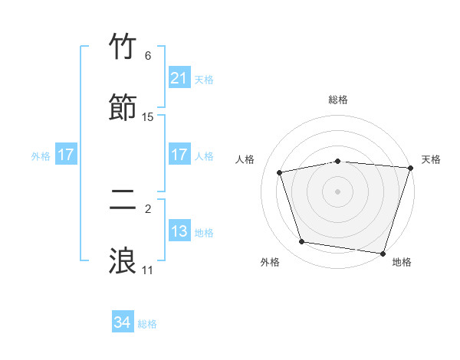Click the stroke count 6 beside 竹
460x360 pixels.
tap(148, 55)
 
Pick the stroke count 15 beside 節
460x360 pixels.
tap(148, 116)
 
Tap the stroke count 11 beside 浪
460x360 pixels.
tap(148, 270)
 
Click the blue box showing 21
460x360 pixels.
tap(179, 78)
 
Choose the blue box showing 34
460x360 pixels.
tap(123, 323)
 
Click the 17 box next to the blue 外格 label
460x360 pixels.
tap(66, 155)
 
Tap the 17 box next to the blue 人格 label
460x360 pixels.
tap(179, 155)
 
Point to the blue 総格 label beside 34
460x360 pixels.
tap(147, 324)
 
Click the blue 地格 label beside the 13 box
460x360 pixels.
tap(204, 232)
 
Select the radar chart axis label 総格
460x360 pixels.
tap(337, 100)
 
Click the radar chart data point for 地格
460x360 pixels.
tap(383, 253)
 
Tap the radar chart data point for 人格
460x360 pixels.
tap(281, 172)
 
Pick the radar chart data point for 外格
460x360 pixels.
tap(302, 242)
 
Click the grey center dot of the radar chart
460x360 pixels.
tap(337, 191)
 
